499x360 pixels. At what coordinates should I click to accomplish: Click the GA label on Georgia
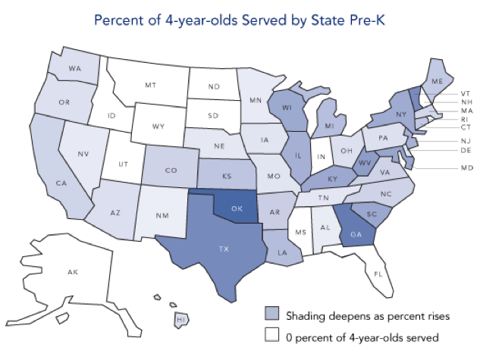(353, 233)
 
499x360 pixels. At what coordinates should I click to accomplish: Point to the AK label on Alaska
(73, 271)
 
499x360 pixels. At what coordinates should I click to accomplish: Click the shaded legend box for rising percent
(271, 314)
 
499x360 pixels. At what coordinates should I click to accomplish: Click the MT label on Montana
(150, 86)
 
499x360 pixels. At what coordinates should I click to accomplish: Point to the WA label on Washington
(74, 69)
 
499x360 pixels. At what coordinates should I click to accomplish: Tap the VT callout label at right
(465, 93)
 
